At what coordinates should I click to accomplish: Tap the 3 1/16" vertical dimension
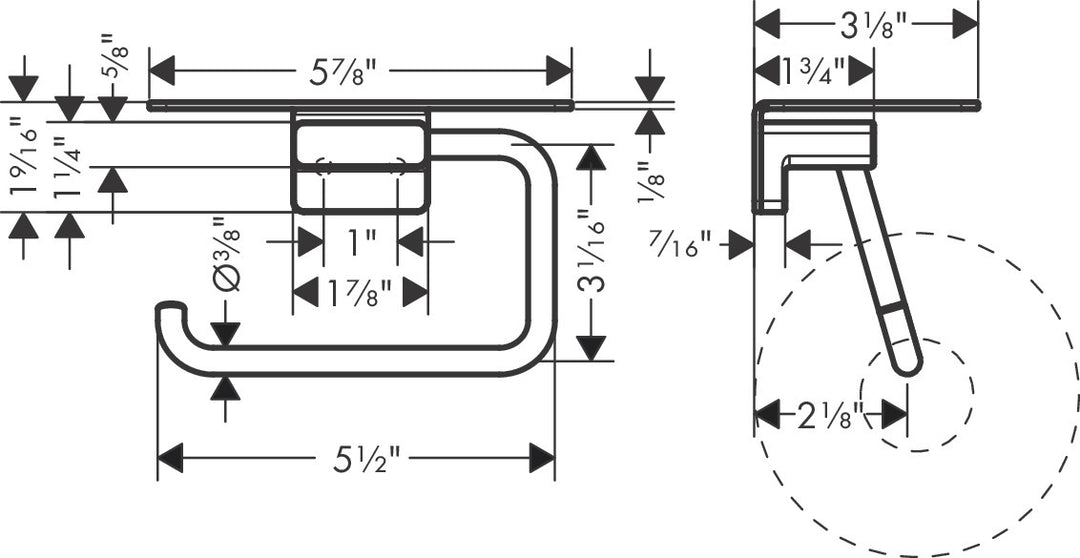[593, 254]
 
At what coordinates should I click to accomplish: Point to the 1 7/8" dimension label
[360, 293]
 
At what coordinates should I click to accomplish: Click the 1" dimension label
[361, 242]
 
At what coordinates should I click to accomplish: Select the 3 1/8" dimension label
[866, 23]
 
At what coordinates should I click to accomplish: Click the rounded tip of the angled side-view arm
[908, 365]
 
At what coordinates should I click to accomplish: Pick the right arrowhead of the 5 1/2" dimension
[542, 459]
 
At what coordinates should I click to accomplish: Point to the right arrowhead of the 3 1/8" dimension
[965, 23]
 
